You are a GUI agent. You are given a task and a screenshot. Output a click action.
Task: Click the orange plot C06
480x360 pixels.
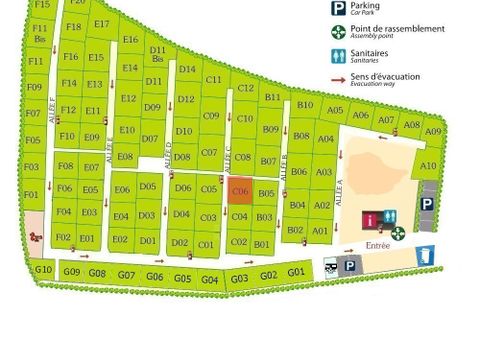[x=239, y=190]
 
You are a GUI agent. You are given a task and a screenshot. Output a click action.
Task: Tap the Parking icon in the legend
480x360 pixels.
[x=339, y=8]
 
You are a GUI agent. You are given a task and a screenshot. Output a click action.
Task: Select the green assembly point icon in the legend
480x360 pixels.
[x=339, y=32]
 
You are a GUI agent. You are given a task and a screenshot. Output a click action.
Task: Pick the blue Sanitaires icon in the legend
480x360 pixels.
[x=339, y=56]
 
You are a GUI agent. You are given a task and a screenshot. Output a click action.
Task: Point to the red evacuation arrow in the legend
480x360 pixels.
[x=339, y=78]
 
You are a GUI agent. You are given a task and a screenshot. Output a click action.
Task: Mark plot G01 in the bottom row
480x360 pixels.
[x=295, y=272]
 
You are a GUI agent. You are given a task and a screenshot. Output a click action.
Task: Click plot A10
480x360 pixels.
[x=428, y=166]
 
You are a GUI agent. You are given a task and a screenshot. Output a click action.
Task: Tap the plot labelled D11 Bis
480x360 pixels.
[x=157, y=53]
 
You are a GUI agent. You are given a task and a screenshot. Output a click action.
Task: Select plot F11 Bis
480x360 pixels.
[x=40, y=32]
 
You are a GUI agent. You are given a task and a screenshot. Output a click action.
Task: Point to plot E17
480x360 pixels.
[x=101, y=24]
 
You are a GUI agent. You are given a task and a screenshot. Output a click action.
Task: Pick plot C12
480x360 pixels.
[x=246, y=88]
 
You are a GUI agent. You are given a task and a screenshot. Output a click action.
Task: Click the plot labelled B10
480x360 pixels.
[x=305, y=105]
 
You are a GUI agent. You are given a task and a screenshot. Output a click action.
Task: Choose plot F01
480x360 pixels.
[x=31, y=194]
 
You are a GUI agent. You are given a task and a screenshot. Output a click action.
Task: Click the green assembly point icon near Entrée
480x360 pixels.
[x=397, y=233]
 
